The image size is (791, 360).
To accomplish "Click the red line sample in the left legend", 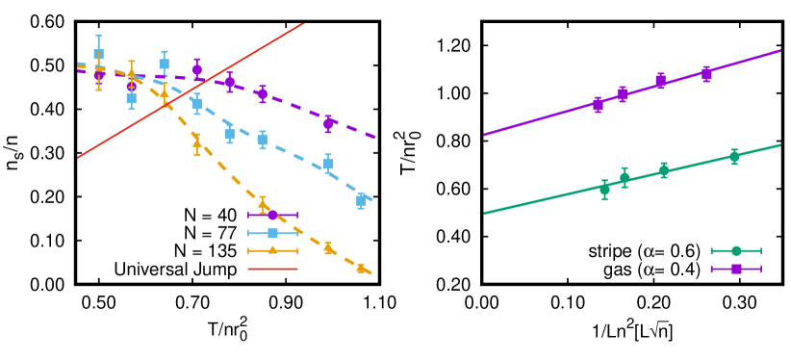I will coord(272,269).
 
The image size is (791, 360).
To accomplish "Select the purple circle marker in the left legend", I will coord(272,215).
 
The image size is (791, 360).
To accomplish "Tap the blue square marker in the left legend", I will coord(272,233).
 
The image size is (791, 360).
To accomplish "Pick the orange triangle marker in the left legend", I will coord(272,250).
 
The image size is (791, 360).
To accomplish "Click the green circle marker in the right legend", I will coord(736,251).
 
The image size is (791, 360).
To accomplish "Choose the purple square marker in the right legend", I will coord(736,269).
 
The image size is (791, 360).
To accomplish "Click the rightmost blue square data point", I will coord(361,200).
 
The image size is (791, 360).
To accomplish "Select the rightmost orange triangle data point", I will coord(361,269).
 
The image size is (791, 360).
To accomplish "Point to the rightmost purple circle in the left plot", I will coord(328,123).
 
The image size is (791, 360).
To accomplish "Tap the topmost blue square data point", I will coord(98,55).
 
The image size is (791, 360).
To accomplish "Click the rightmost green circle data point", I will coord(734,156).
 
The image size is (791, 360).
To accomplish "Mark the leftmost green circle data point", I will coord(604,190).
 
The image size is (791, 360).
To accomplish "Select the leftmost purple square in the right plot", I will coord(598,104).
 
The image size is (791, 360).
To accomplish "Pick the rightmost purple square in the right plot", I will coord(706,73).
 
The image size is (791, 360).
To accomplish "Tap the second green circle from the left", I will coord(625,177).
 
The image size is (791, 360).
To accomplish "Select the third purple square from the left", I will coord(660,81).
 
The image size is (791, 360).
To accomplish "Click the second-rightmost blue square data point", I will coord(328,163).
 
